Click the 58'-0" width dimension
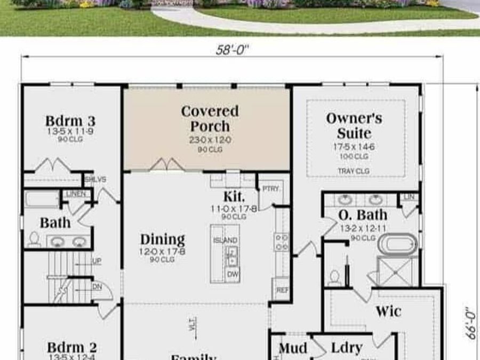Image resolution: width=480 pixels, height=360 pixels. pyautogui.click(x=233, y=50)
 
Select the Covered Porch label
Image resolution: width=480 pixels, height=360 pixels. pyautogui.click(x=210, y=119)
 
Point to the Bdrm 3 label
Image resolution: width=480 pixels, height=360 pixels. pyautogui.click(x=70, y=121)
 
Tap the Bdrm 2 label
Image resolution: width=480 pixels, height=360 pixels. pyautogui.click(x=71, y=348)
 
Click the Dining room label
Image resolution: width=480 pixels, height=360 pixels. pyautogui.click(x=163, y=239)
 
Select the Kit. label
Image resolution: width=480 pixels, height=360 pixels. pyautogui.click(x=234, y=196)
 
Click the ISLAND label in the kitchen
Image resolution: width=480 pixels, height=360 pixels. pyautogui.click(x=226, y=241)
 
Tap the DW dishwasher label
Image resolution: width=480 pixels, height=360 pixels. pyautogui.click(x=233, y=274)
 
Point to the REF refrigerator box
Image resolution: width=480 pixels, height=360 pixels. pyautogui.click(x=282, y=291)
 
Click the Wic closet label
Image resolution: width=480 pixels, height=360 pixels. pyautogui.click(x=388, y=311)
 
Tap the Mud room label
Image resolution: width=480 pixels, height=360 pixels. pyautogui.click(x=293, y=348)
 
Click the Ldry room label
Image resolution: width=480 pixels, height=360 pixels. pyautogui.click(x=347, y=348)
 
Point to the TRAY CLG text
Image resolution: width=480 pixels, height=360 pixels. pyautogui.click(x=354, y=171)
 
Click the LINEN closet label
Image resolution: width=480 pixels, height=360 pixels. pyautogui.click(x=76, y=194)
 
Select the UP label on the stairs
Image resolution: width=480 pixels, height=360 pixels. pyautogui.click(x=97, y=261)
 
